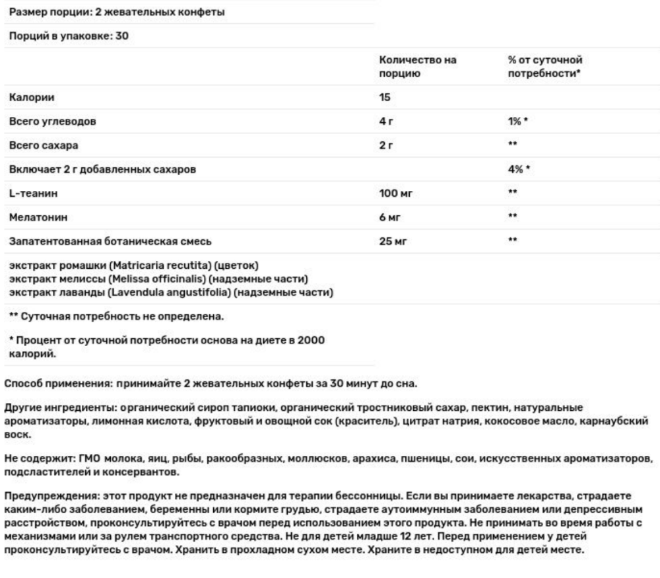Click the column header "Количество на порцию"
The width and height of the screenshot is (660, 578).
coord(417,67)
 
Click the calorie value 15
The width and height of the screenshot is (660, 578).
coord(385,98)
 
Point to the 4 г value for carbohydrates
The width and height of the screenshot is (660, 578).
coord(386,122)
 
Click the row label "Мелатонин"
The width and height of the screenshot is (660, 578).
coord(38,217)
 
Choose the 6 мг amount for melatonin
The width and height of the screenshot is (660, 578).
coord(389,217)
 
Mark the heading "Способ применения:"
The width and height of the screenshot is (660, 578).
coord(51,384)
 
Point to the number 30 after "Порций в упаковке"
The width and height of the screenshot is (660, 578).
coord(121,36)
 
